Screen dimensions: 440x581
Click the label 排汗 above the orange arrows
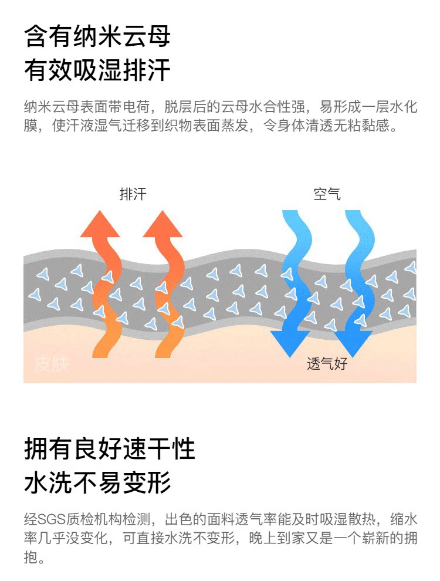tap(133, 194)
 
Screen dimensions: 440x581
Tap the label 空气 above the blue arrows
tap(327, 194)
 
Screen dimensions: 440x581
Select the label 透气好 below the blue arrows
tap(327, 364)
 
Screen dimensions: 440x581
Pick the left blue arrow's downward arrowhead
tap(290, 343)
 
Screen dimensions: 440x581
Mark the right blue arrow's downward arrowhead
tap(353, 343)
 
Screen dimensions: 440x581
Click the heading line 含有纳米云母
tap(97, 37)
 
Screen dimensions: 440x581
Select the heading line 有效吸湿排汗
tap(97, 71)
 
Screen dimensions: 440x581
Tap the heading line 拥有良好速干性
tap(110, 450)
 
